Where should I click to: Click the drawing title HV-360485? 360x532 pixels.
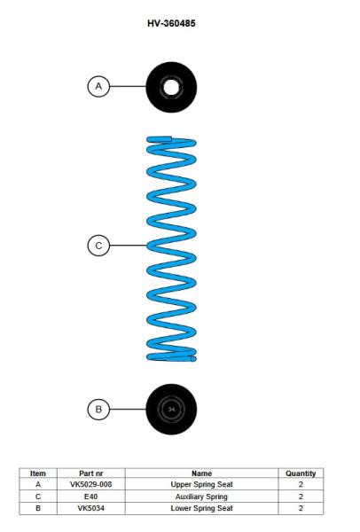pos(171,23)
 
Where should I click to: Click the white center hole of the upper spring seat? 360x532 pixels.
pos(171,87)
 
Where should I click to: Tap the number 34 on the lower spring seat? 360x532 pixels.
pos(171,410)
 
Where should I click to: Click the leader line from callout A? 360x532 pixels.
pos(128,86)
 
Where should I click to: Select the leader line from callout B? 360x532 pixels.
pos(128,409)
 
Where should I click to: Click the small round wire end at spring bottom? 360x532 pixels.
pos(193,358)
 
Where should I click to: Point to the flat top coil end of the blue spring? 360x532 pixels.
pos(159,139)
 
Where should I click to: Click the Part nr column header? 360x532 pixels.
pos(91,473)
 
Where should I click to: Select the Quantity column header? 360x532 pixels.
pos(301,473)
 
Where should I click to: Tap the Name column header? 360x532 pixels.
pos(201,473)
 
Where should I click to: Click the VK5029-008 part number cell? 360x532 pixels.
pos(91,484)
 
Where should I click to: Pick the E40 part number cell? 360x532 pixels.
pos(91,497)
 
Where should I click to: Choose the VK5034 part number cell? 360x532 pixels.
pos(91,508)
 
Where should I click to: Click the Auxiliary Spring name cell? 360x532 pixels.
pos(201,497)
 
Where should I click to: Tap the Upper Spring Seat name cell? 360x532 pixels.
pos(201,484)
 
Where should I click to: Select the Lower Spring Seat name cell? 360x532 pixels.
pos(201,508)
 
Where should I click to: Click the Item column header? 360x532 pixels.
pos(37,473)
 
